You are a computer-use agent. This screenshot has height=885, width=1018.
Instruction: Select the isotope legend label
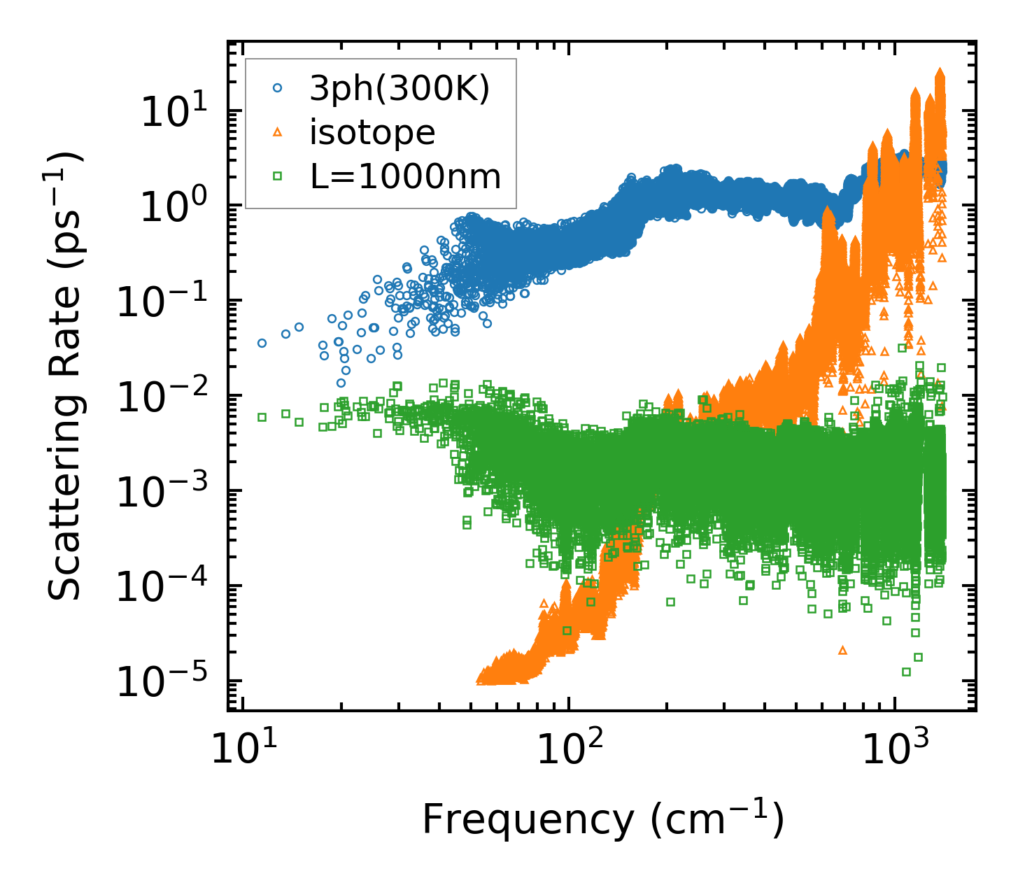(x=372, y=133)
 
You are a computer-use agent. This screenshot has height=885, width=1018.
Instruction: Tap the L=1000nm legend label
(x=406, y=177)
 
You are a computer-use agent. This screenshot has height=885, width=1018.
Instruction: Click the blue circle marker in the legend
(x=278, y=89)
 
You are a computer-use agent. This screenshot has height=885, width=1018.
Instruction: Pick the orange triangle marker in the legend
(x=278, y=132)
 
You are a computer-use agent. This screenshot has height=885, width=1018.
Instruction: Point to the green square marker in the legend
(x=278, y=177)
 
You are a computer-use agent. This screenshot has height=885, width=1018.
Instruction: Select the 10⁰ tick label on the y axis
(x=171, y=206)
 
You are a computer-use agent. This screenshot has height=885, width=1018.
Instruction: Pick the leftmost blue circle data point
(x=262, y=343)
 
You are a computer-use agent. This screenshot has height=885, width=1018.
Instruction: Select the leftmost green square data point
(x=262, y=417)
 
